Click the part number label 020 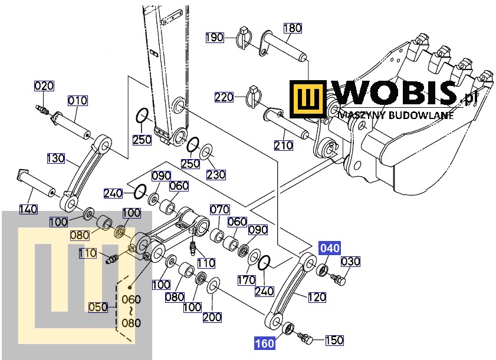click(44, 86)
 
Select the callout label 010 click(77, 101)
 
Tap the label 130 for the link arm click(56, 158)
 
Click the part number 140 click(28, 209)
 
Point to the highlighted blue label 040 click(330, 248)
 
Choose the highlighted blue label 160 click(264, 343)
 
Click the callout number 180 click(293, 28)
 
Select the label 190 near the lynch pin click(215, 38)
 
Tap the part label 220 click(224, 97)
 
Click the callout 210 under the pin click(284, 146)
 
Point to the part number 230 click(216, 174)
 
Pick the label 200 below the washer click(212, 317)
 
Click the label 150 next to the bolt click(334, 340)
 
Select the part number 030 click(350, 262)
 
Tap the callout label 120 click(317, 297)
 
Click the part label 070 click(220, 210)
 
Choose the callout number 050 click(98, 307)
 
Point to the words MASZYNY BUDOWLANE click(396, 115)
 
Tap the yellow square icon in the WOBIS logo click(308, 98)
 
